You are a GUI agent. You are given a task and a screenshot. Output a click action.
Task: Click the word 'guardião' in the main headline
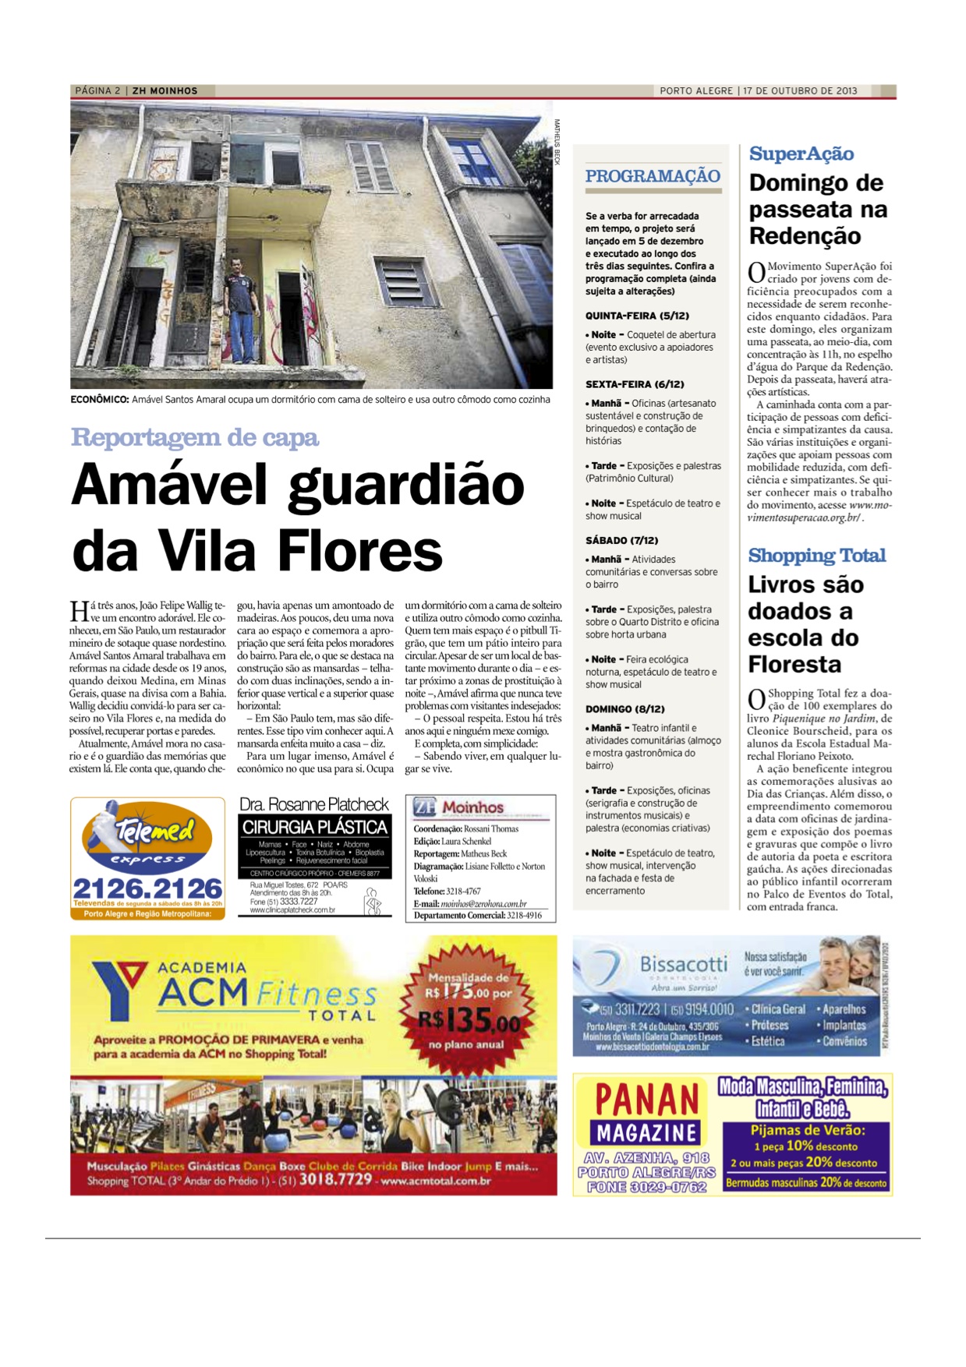(x=406, y=485)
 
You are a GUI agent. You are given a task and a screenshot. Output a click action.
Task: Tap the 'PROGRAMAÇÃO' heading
(x=653, y=176)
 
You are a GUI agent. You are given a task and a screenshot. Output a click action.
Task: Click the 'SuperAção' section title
(x=801, y=154)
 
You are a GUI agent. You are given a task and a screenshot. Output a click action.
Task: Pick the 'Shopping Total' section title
(x=817, y=556)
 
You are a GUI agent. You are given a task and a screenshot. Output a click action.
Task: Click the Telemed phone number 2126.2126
(x=148, y=888)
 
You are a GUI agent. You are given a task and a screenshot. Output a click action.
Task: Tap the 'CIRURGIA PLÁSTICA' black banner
(x=315, y=827)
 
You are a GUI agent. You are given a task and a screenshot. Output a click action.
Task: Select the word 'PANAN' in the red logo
(x=646, y=1100)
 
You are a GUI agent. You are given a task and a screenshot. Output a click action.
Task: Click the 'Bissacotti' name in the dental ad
(x=684, y=964)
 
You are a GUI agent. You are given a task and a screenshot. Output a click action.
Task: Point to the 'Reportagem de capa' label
(x=195, y=437)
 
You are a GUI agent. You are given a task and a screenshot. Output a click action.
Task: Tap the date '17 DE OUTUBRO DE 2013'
(x=800, y=91)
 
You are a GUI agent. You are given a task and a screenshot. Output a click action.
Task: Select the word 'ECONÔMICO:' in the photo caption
(x=100, y=400)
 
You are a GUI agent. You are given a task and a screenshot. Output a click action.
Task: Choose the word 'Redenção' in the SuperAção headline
(x=805, y=236)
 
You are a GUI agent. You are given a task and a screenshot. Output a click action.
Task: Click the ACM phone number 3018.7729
(x=335, y=1179)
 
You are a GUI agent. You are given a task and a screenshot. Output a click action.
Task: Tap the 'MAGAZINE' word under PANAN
(x=646, y=1132)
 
